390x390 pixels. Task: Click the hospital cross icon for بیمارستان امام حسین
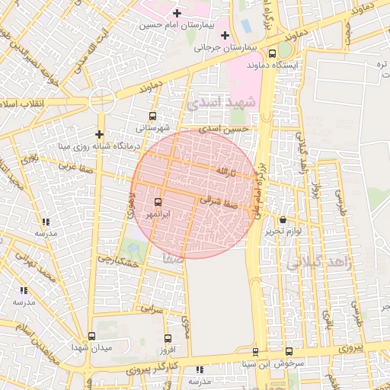point(177,13)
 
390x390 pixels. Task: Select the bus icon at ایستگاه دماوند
point(273,53)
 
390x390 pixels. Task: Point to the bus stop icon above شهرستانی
point(153,117)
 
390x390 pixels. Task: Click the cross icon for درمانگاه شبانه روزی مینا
point(99,134)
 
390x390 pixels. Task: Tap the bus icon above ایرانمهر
point(158,202)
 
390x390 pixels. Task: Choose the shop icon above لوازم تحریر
point(283,219)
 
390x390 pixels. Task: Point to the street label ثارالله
point(232,169)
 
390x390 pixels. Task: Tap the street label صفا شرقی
point(221,202)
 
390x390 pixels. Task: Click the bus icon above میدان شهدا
point(92,336)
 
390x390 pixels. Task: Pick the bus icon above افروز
point(168,338)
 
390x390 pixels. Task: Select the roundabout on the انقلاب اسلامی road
point(101,100)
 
